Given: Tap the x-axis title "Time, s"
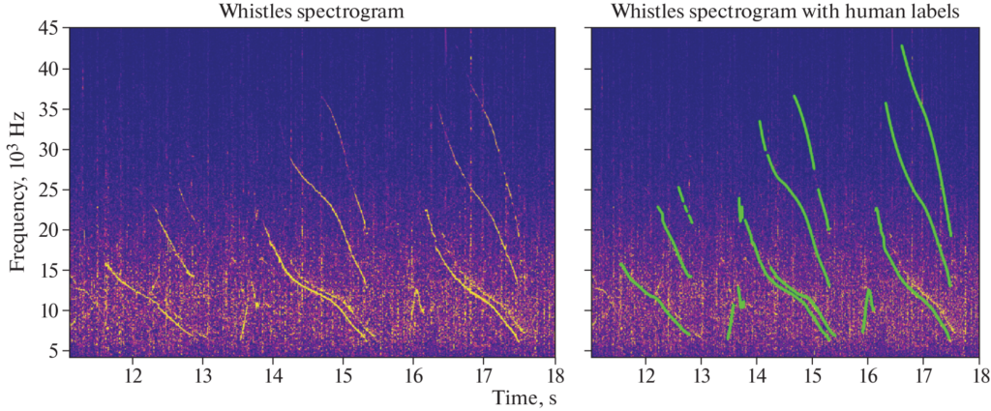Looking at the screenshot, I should coord(524,396).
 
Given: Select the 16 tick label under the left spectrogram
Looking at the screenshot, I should coord(413,374).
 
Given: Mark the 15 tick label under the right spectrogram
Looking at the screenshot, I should coord(812,374).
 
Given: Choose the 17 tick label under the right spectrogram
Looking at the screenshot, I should coord(923,374).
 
